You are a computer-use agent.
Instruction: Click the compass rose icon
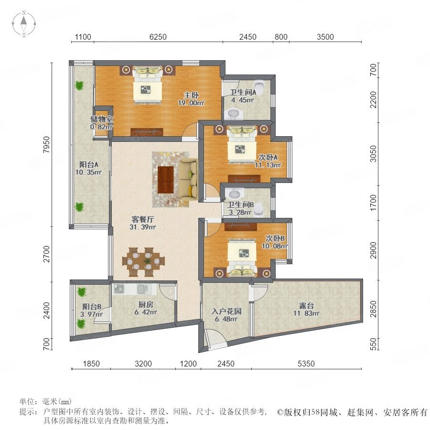click(24, 24)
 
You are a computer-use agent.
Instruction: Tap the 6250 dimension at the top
click(158, 37)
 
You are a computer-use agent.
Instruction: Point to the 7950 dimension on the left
click(47, 144)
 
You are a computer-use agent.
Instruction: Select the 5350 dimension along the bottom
click(306, 364)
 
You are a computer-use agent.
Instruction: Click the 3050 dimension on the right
click(373, 153)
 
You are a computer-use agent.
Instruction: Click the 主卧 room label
click(191, 95)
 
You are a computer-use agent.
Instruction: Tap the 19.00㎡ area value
click(191, 103)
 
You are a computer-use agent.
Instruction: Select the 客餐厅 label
click(142, 219)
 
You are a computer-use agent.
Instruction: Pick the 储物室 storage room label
click(102, 119)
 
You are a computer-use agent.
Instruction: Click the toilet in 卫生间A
click(259, 86)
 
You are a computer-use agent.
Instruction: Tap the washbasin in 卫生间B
click(234, 194)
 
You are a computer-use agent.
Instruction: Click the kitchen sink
click(142, 289)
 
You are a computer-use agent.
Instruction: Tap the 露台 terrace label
click(306, 305)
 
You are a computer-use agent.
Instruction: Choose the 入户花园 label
click(226, 311)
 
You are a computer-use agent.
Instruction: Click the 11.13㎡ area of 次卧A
click(268, 165)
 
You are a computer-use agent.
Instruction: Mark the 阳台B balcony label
click(92, 307)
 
